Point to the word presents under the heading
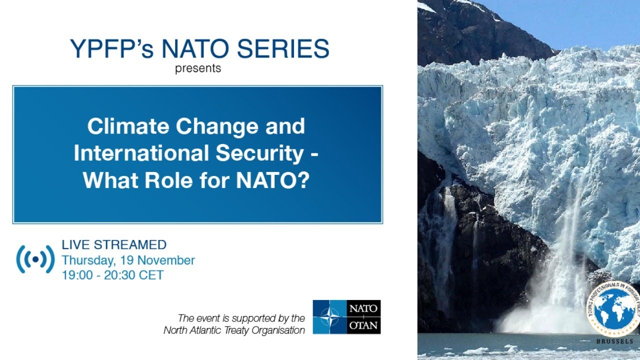pos(198,68)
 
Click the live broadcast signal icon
pos(35,259)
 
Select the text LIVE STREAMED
pos(114,245)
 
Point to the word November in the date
pos(166,260)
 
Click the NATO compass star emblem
pos(329,317)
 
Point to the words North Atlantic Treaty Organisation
pos(234,330)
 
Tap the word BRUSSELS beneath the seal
pos(614,341)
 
